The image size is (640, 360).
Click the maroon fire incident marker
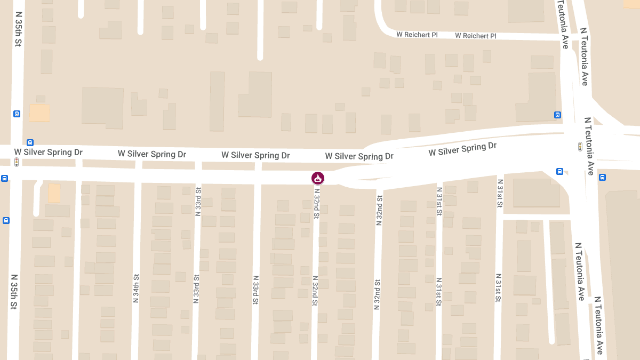click(x=318, y=178)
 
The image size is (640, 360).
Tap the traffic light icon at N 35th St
click(x=17, y=162)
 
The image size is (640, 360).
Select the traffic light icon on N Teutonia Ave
click(x=580, y=146)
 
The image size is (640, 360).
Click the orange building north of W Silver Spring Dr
click(x=39, y=113)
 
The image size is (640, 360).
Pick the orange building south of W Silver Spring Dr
click(x=54, y=193)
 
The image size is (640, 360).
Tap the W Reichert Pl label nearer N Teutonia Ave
click(x=475, y=36)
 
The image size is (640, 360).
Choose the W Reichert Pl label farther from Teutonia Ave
click(x=417, y=35)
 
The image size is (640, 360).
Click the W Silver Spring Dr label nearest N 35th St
click(x=49, y=153)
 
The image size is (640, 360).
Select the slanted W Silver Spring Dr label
click(x=462, y=149)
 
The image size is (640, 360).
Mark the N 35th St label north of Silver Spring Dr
click(x=18, y=29)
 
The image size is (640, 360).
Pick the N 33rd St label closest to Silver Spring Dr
click(x=198, y=201)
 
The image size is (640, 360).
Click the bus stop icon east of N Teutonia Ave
click(x=602, y=177)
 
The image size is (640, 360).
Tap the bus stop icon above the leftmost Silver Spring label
click(x=30, y=142)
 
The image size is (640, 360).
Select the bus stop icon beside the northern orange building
click(x=17, y=114)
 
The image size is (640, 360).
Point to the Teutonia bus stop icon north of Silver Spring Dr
click(x=557, y=115)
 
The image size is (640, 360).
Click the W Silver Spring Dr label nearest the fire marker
click(x=359, y=156)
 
